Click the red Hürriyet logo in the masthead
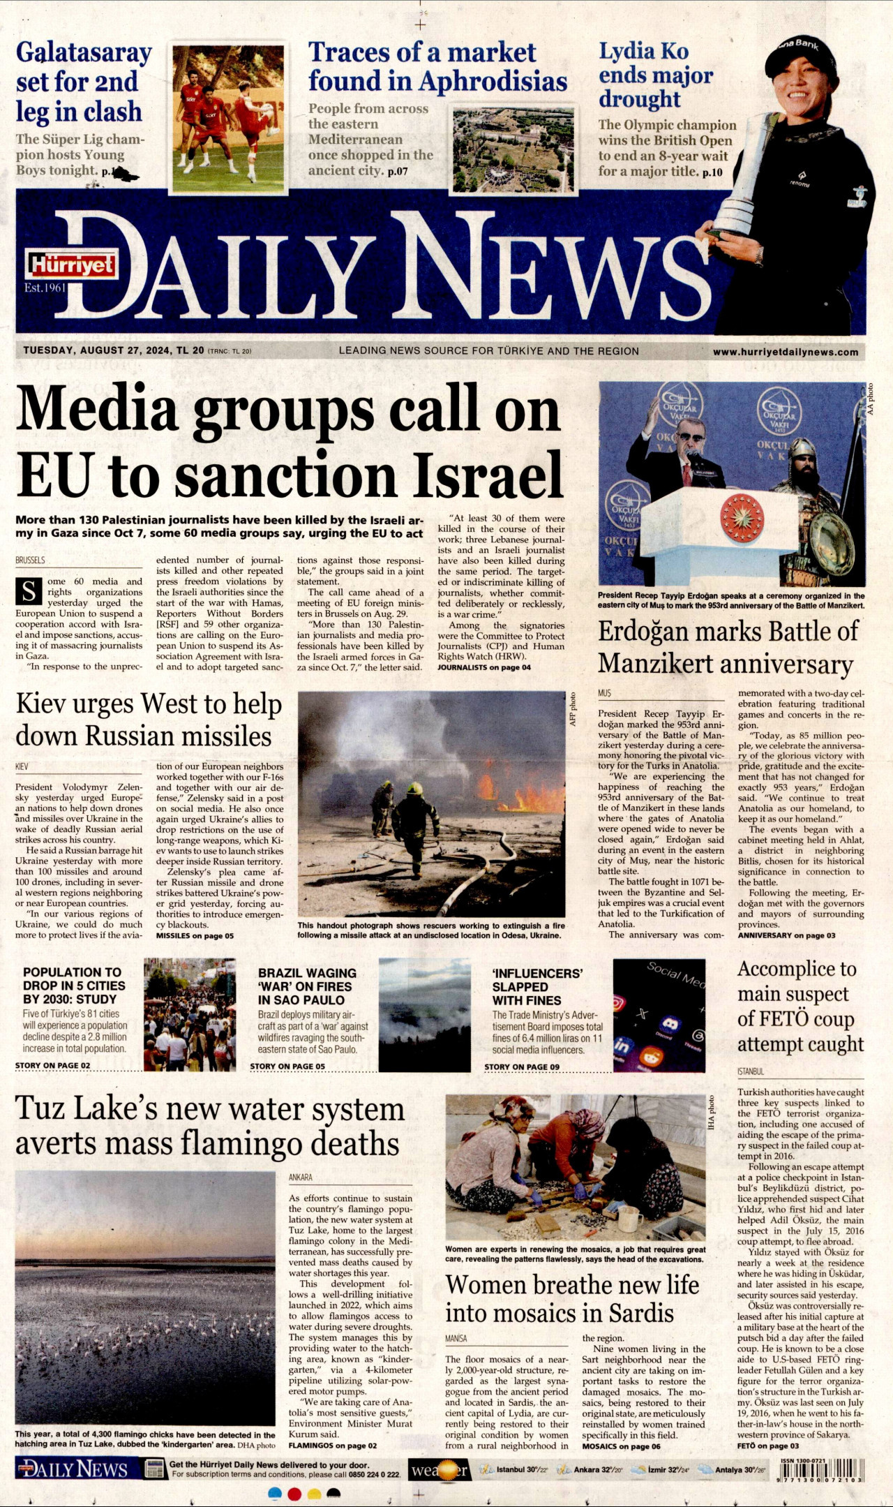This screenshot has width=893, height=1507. pos(71,265)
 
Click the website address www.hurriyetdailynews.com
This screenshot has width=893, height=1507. pos(785,352)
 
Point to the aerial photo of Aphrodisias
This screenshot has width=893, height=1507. pos(513,149)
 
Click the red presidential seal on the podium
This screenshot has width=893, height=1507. pos(742,517)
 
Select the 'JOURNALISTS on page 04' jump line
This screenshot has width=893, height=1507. pos(484,667)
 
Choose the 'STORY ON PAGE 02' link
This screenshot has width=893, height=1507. pos(53,1065)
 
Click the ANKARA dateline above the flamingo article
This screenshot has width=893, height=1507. pos(300,1177)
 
